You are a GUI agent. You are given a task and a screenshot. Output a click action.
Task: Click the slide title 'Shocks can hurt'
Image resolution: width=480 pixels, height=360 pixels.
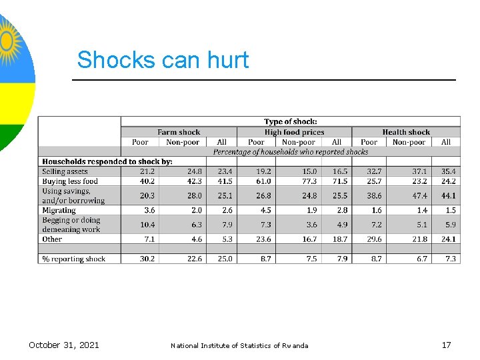tap(163, 60)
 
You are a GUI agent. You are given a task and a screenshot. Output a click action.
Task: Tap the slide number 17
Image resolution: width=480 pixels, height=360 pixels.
tap(446, 345)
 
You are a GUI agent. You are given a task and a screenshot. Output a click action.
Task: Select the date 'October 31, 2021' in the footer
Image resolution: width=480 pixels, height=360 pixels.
tap(64, 345)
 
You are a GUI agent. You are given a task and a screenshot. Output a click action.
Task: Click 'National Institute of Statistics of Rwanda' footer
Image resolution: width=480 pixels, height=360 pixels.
tap(239, 345)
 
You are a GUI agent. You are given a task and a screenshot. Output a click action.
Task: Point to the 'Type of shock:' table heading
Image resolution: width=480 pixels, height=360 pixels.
tap(291, 121)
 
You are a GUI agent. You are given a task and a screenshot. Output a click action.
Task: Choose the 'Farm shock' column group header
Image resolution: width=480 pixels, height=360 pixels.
tap(178, 132)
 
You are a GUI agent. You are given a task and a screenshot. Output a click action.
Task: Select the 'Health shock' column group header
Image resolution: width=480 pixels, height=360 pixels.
tap(406, 132)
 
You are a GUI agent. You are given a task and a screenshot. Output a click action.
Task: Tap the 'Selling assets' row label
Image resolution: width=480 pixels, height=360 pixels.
tap(65, 172)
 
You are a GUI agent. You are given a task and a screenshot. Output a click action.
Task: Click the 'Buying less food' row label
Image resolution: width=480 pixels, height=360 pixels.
tap(70, 181)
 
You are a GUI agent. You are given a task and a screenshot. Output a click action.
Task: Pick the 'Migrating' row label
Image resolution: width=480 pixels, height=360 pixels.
tap(59, 211)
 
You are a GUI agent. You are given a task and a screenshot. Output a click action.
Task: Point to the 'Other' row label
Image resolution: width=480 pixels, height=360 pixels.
tap(52, 239)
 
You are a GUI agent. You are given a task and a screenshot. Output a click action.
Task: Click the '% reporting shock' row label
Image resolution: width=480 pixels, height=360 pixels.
tap(73, 259)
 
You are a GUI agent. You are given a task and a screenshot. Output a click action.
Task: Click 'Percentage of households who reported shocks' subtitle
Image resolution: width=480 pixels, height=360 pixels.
tap(291, 151)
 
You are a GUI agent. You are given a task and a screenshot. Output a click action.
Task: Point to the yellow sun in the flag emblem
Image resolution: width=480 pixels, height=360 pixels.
tap(8, 41)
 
